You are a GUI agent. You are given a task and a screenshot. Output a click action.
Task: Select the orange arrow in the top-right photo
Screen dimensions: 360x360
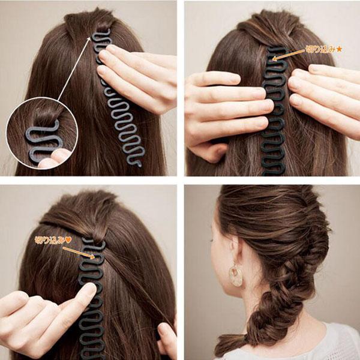point(288,55)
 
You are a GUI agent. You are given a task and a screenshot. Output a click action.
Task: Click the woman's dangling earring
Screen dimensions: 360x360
point(236,275)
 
